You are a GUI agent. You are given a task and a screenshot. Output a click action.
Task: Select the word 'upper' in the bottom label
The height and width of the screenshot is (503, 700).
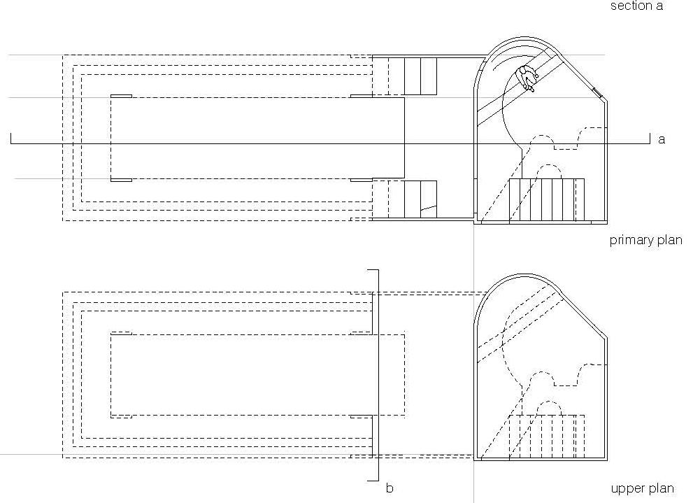tap(627, 489)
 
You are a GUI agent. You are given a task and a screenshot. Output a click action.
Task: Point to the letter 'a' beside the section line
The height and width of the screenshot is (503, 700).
tap(662, 140)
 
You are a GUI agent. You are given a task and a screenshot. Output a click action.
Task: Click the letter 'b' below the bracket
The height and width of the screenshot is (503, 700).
tap(390, 487)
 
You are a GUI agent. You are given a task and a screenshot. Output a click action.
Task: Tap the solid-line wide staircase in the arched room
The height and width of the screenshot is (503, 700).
tap(546, 199)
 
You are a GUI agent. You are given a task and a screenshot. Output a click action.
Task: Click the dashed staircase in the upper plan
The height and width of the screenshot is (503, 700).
tap(546, 437)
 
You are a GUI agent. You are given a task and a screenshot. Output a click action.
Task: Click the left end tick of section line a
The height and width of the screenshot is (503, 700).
tap(11, 138)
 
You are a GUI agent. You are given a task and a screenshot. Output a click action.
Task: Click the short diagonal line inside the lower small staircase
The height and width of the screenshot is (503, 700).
tap(428, 208)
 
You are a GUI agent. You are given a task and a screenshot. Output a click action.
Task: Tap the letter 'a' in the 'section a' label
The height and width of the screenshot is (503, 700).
tap(659, 6)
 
